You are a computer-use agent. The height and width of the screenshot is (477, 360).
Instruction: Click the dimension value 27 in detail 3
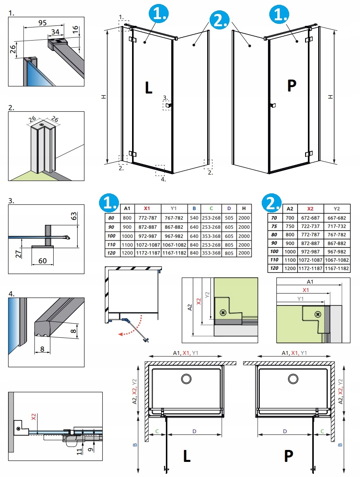(x=18, y=254)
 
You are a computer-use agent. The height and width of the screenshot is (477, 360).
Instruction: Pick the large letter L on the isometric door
(x=148, y=88)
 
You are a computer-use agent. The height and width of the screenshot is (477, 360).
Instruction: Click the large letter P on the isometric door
(x=292, y=86)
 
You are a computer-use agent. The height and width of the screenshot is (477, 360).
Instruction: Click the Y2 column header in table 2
(x=337, y=209)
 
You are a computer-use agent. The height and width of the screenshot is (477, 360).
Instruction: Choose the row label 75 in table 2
(x=274, y=226)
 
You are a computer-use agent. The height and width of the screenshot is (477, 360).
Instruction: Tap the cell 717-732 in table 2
(x=337, y=226)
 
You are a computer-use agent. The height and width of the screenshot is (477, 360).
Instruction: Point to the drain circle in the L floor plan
(x=186, y=378)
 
